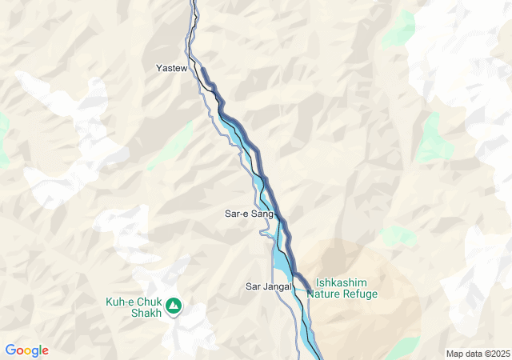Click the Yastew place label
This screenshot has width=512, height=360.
coord(171,69)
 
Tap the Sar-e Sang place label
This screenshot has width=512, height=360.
coord(248,214)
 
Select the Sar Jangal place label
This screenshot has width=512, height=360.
coord(267,286)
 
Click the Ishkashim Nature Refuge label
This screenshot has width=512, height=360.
coord(346,288)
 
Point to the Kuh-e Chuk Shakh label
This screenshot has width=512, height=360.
coord(134,307)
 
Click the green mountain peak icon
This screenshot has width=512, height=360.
coord(174,306)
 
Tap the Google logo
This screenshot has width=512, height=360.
coord(26,350)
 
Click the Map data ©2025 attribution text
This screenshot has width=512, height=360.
coord(478,354)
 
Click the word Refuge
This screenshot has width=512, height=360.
coord(362,294)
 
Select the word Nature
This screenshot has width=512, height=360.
coord(330,294)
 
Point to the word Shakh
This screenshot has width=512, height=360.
coord(146,313)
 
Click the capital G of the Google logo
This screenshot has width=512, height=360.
coord(10,350)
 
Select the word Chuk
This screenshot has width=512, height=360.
coord(150,302)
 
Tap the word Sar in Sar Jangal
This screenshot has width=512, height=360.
coord(253,286)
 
